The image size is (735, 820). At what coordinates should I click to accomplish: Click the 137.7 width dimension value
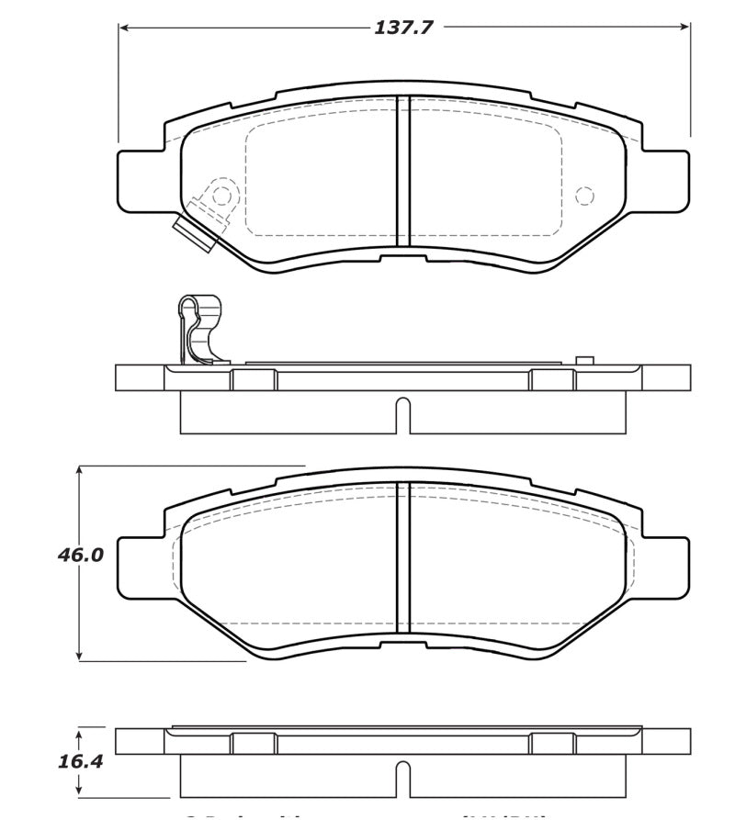point(403,28)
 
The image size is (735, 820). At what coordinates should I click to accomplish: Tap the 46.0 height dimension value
point(81,556)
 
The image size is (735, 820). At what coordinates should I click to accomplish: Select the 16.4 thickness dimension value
point(81,761)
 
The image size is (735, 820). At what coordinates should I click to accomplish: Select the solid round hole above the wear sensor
point(220,195)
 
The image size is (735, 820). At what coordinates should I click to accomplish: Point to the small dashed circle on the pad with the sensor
point(584,195)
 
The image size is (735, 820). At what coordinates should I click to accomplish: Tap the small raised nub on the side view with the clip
point(584,361)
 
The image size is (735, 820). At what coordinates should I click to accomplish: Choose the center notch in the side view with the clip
point(402,414)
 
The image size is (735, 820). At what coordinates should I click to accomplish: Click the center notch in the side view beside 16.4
point(402,779)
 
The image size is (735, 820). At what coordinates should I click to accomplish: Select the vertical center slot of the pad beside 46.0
point(402,557)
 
